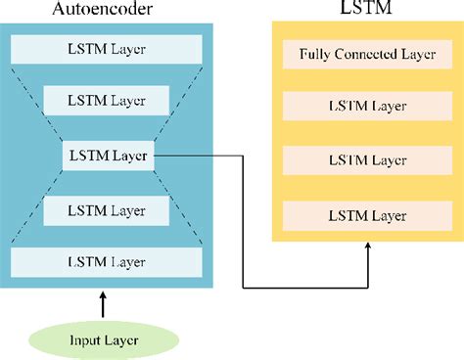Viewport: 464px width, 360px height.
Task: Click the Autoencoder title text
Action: tap(107, 11)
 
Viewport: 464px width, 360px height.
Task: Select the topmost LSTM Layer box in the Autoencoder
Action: tap(107, 48)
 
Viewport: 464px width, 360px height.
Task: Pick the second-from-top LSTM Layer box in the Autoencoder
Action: tap(107, 100)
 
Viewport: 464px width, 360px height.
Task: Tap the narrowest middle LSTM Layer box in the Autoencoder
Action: tap(107, 155)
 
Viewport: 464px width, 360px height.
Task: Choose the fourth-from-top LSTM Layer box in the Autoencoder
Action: tap(107, 209)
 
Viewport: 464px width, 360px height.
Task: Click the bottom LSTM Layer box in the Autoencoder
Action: tap(107, 261)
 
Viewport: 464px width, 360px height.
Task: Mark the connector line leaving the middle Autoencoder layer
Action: tap(196, 155)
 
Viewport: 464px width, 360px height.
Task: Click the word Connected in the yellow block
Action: tap(353, 53)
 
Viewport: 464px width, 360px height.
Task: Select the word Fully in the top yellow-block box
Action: tap(312, 53)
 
